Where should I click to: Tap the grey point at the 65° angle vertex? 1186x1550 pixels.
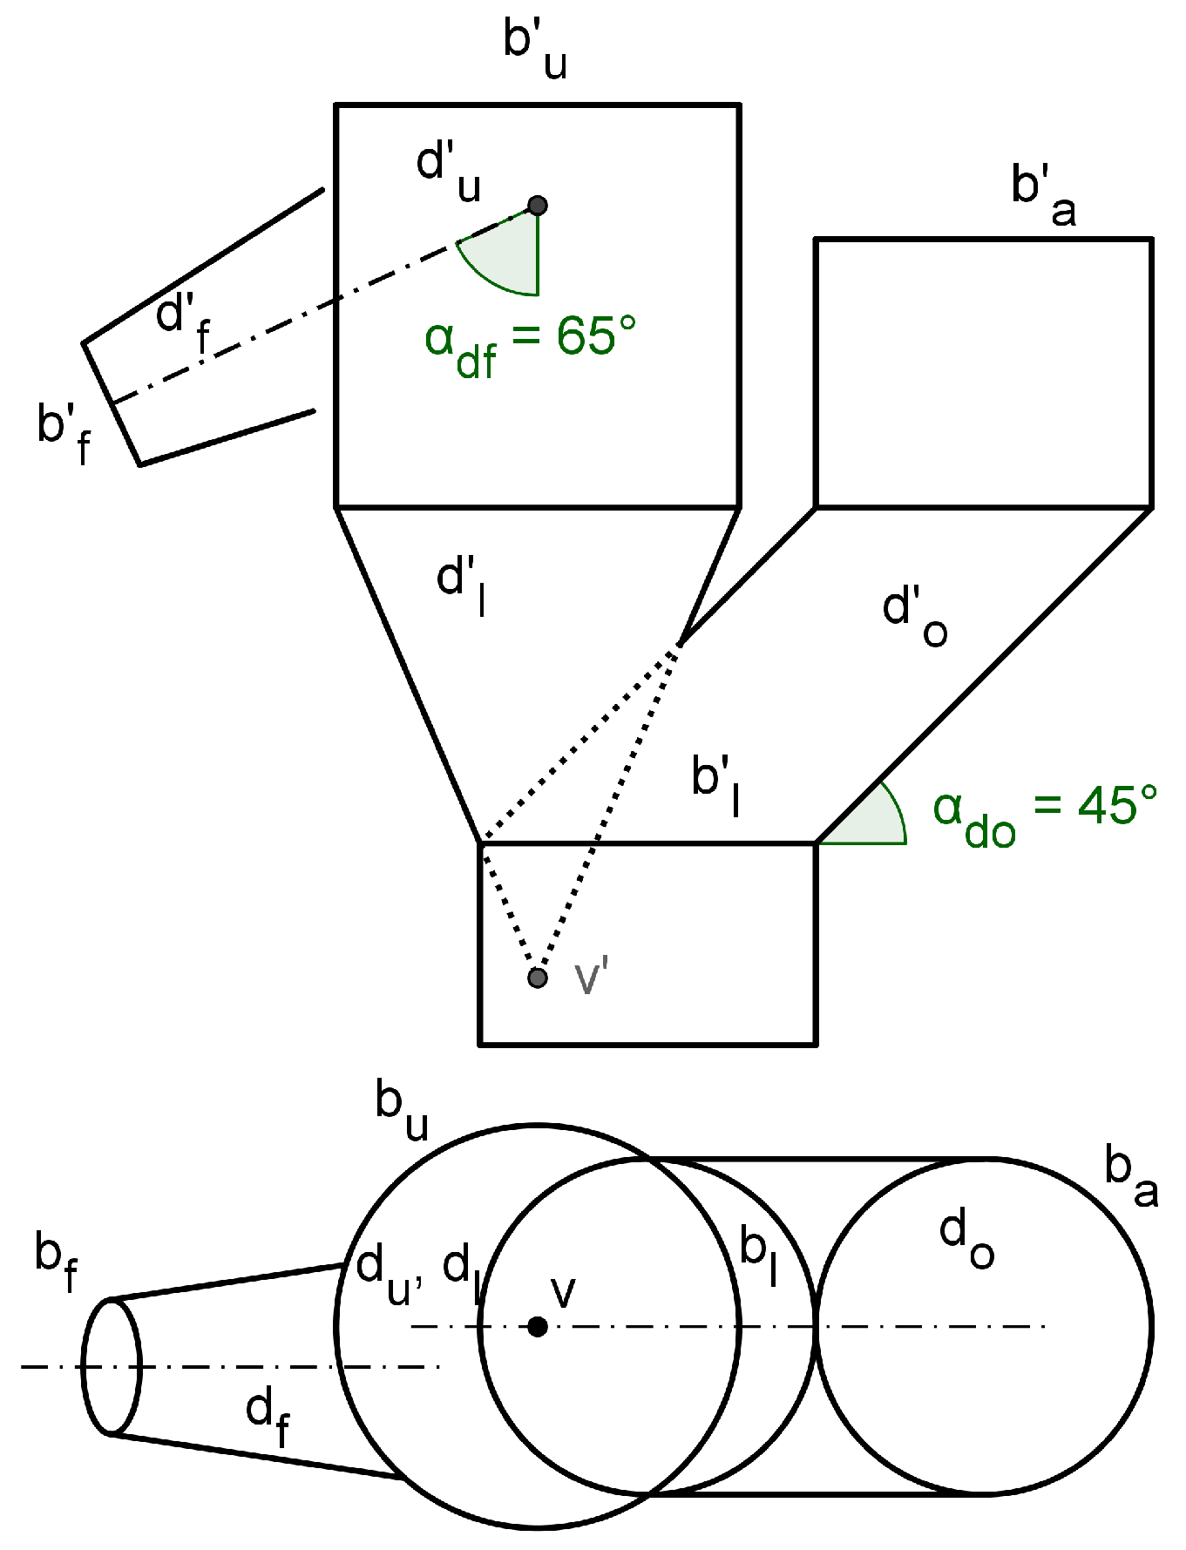[x=538, y=206]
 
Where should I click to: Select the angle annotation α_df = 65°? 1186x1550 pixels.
[x=530, y=343]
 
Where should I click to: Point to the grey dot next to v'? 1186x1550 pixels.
[x=538, y=978]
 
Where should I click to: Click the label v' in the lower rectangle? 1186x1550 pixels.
[x=590, y=978]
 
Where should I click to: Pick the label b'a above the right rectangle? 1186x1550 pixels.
[x=1042, y=196]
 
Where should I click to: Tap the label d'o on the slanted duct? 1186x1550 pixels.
[x=913, y=615]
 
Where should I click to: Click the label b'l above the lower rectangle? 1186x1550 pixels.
[x=716, y=784]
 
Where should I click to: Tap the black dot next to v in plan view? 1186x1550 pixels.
[x=538, y=1327]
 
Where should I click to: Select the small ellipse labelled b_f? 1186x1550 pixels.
[x=111, y=1366]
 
